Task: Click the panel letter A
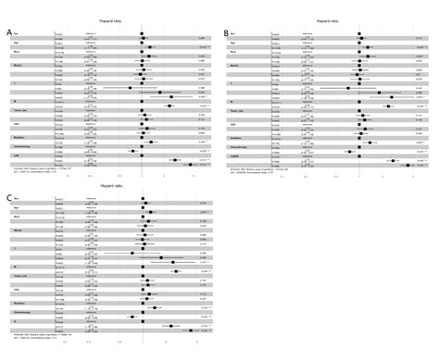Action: tap(8, 34)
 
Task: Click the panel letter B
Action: tap(227, 34)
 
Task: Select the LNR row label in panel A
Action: tap(16, 155)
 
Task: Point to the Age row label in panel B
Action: tap(233, 43)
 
